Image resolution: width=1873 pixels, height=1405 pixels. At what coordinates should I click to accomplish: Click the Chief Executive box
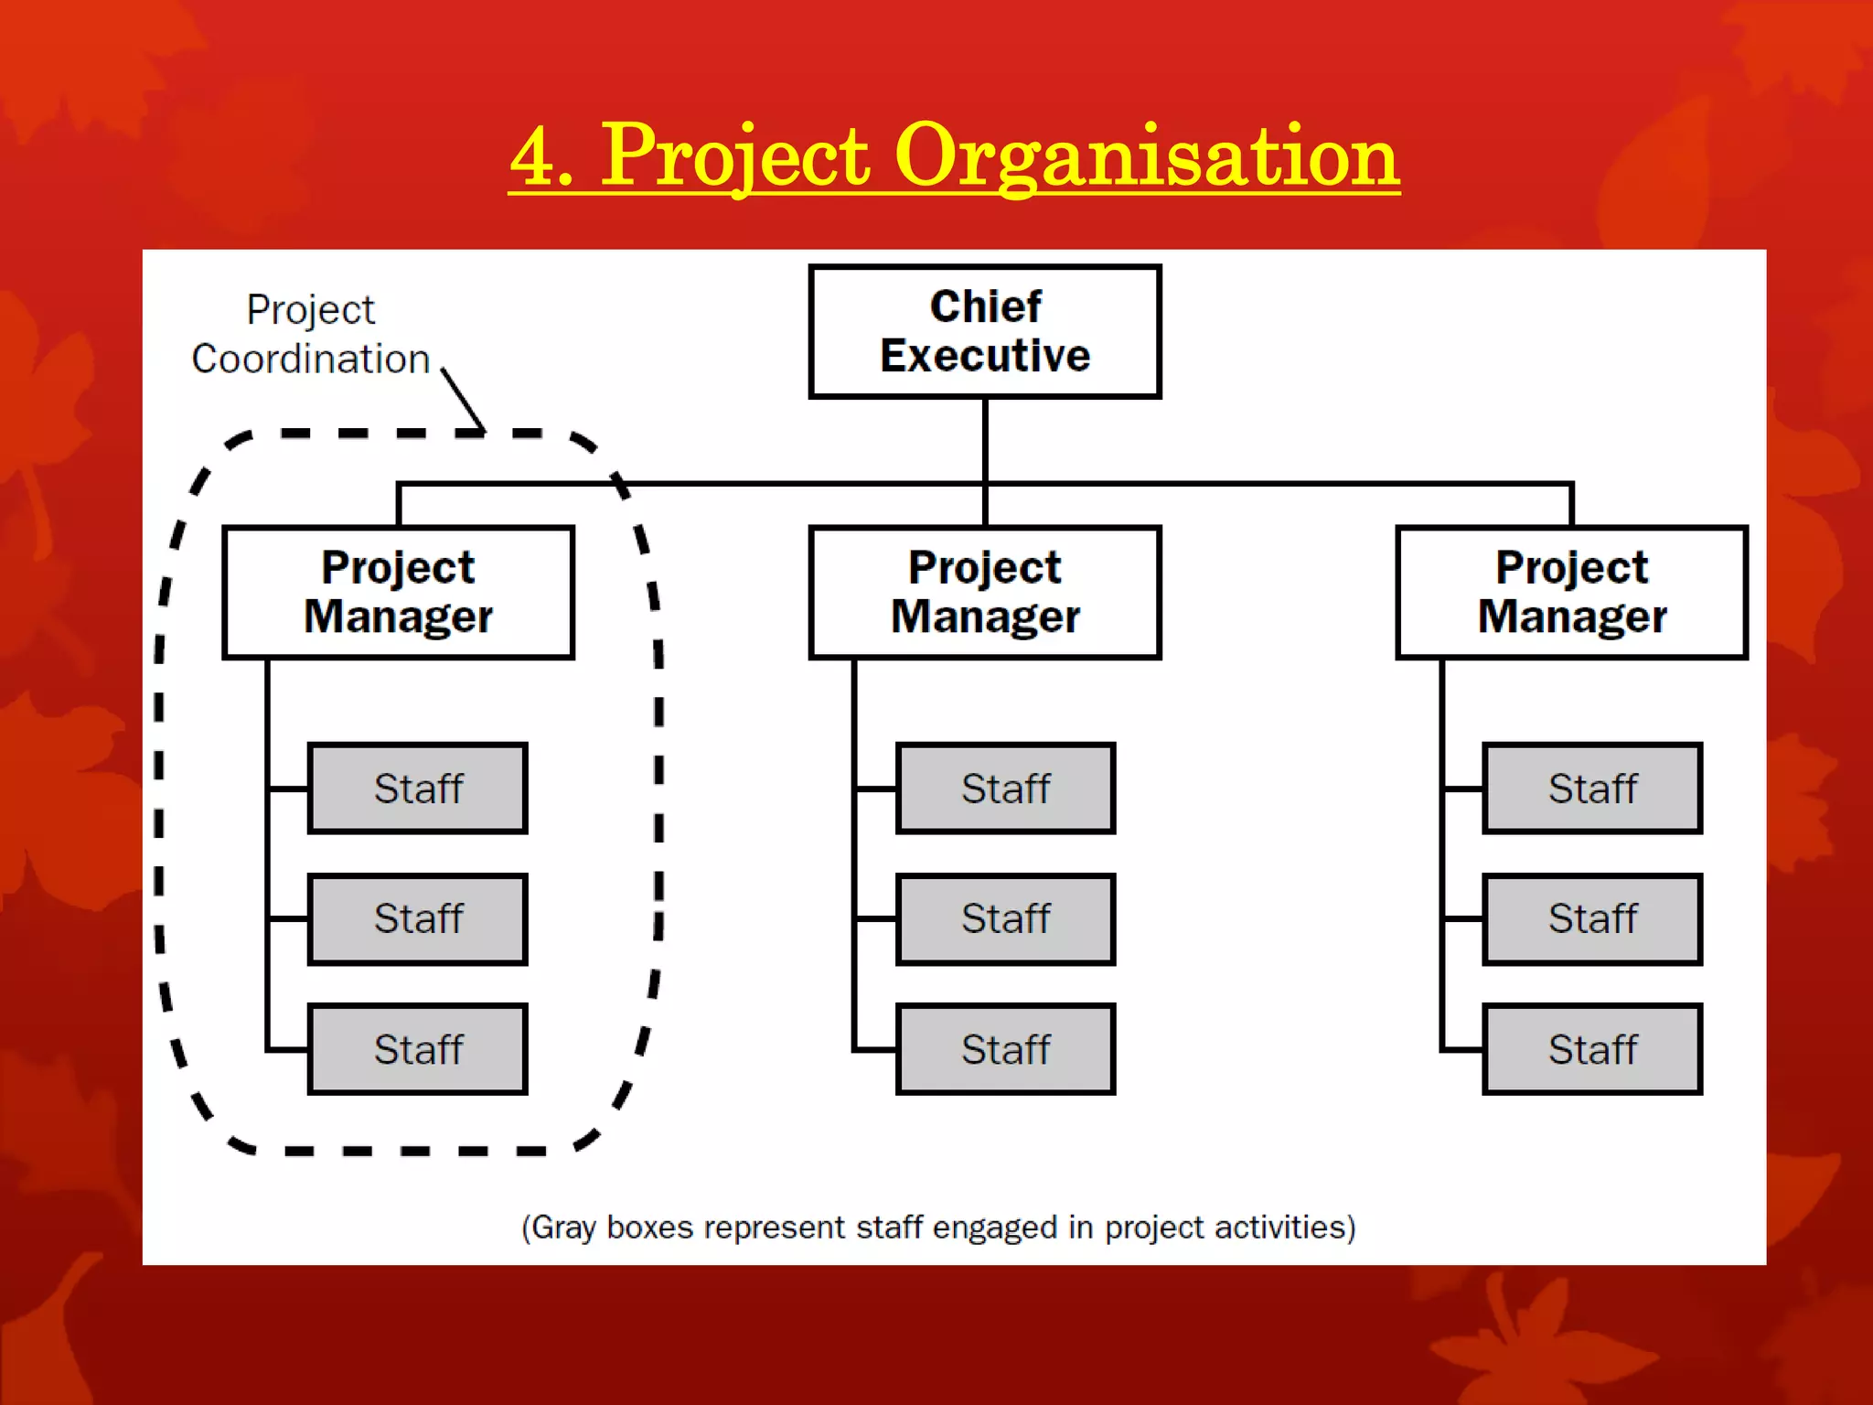pyautogui.click(x=984, y=331)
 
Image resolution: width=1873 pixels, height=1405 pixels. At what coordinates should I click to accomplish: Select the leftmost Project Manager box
pyautogui.click(x=398, y=592)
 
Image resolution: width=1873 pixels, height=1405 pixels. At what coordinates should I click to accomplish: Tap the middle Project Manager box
pyautogui.click(x=984, y=592)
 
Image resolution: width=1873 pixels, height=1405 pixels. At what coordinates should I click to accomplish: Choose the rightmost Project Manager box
pyautogui.click(x=1571, y=592)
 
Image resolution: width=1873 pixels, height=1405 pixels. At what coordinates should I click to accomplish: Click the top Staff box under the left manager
pyautogui.click(x=418, y=788)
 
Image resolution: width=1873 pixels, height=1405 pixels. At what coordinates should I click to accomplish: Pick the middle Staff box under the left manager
pyautogui.click(x=418, y=918)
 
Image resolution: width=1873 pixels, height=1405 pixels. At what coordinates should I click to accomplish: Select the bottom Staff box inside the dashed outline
pyautogui.click(x=418, y=1049)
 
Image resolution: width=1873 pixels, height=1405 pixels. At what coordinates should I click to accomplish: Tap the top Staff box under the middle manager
pyautogui.click(x=1005, y=788)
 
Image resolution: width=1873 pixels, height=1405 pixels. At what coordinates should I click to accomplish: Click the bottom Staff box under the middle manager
pyautogui.click(x=1005, y=1049)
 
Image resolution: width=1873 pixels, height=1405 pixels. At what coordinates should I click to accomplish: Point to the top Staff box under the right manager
pyautogui.click(x=1591, y=788)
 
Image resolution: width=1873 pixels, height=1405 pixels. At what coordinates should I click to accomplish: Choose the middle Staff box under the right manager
pyautogui.click(x=1591, y=918)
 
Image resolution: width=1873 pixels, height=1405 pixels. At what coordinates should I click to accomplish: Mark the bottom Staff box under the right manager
pyautogui.click(x=1591, y=1049)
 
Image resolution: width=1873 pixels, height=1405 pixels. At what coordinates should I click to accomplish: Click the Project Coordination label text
pyautogui.click(x=310, y=335)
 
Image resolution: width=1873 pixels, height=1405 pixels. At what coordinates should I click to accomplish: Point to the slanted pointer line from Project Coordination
pyautogui.click(x=463, y=399)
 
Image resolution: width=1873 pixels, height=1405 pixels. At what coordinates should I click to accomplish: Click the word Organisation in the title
pyautogui.click(x=1146, y=157)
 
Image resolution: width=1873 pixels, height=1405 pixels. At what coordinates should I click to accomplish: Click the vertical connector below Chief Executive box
pyautogui.click(x=985, y=440)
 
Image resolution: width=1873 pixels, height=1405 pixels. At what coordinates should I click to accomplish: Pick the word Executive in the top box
pyautogui.click(x=985, y=356)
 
